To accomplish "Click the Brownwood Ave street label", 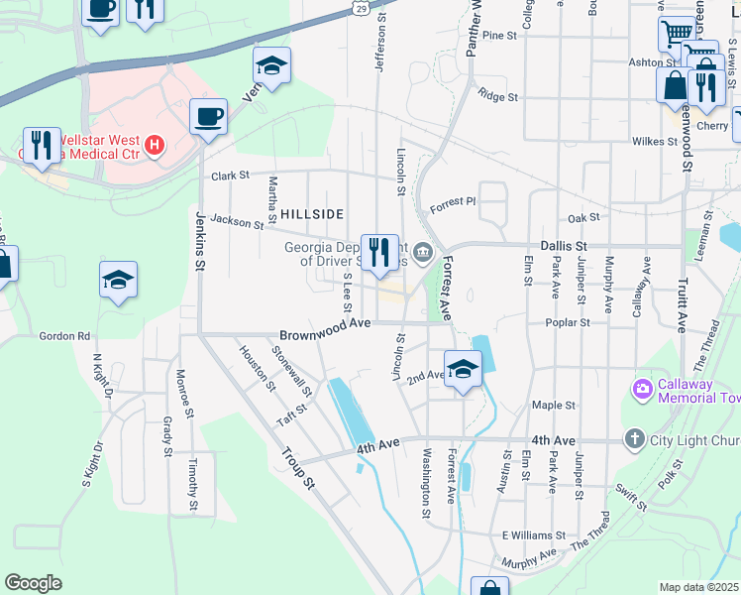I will pos(325,323).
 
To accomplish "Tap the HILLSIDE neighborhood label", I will pos(312,214).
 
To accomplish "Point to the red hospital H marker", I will pos(154,147).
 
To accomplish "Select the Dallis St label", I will pos(565,245).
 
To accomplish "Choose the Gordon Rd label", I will pos(64,336).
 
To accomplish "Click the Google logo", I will pos(33,583).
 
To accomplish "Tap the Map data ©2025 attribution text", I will pos(699,587).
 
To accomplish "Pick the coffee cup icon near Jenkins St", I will pos(208,117).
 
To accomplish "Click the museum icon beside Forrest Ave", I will pos(424,254).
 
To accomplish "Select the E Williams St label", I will pos(532,535).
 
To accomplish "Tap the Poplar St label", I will pos(570,322).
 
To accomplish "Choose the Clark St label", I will pos(229,176).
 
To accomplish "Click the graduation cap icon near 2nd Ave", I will pos(462,370).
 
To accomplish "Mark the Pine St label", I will pos(500,35).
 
